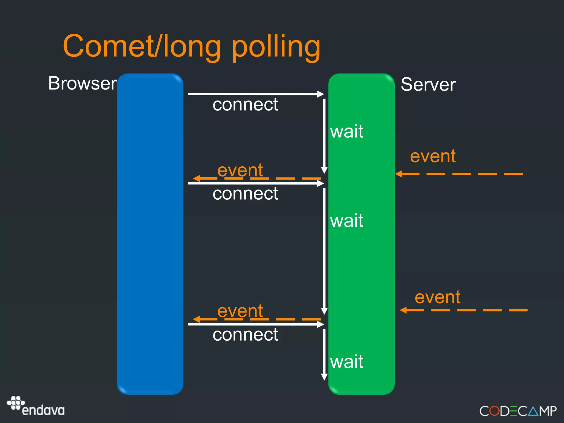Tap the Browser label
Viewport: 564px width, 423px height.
click(82, 83)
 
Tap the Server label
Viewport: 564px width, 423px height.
click(428, 84)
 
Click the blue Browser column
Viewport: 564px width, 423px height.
click(150, 234)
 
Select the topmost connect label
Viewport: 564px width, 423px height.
click(245, 104)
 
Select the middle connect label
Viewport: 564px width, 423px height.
click(245, 194)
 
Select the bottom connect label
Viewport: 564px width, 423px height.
click(245, 335)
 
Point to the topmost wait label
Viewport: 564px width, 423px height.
click(346, 131)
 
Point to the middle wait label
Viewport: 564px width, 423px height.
click(346, 221)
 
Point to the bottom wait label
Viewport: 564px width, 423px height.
click(346, 362)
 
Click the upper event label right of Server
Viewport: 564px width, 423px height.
click(433, 156)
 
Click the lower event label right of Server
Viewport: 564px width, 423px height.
click(437, 297)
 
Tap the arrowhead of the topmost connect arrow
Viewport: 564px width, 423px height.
click(321, 94)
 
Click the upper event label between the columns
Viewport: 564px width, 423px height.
click(240, 170)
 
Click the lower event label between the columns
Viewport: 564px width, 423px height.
click(240, 311)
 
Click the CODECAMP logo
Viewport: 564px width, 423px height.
click(518, 411)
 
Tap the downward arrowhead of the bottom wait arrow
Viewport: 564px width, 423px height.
click(324, 377)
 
